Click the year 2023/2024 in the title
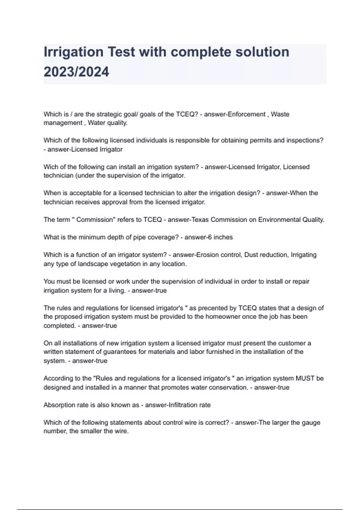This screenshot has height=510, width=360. tap(76, 72)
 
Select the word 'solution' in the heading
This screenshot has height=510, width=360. tap(262, 52)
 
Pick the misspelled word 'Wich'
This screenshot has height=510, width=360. tap(50, 167)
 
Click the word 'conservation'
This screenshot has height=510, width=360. tap(229, 388)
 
